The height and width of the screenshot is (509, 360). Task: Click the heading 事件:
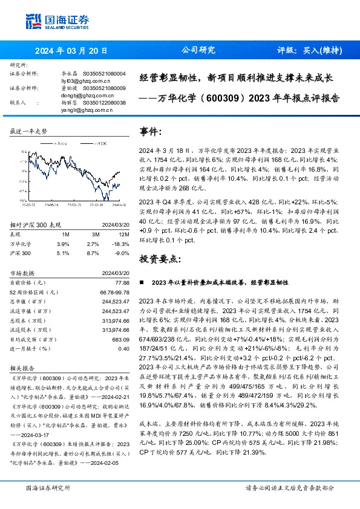pos(151,132)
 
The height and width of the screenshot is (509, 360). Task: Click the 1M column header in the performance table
pos(66,233)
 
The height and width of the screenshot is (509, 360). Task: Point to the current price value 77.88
pos(122,282)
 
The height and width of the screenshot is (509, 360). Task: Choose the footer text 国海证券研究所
pos(48,488)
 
